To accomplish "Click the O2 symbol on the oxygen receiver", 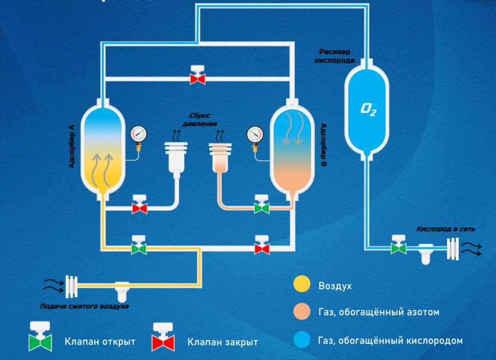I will coord(367,108).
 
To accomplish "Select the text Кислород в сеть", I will coord(446,229).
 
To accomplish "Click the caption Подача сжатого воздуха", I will coord(85,306).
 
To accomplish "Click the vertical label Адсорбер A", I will coord(71,146).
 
